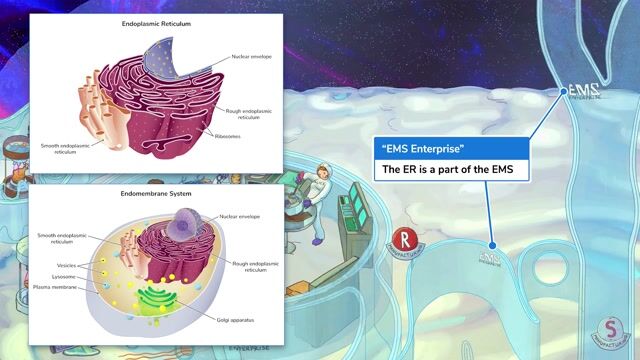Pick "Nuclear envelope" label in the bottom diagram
point(241,215)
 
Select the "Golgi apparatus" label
point(237,321)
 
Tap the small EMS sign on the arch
point(489,259)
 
